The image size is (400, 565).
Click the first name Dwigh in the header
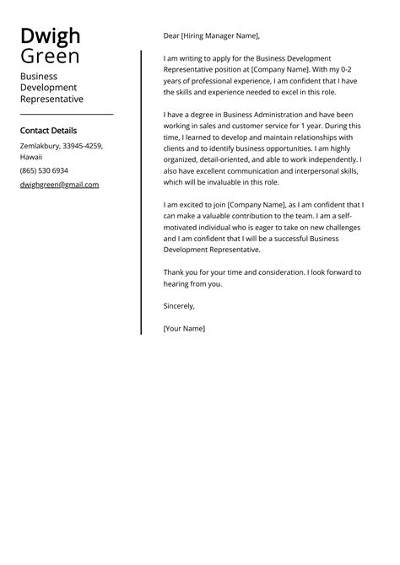51,36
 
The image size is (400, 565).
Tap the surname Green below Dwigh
50,56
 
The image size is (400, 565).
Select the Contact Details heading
48,131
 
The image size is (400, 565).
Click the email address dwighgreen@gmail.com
59,185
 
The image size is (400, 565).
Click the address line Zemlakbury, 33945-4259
61,146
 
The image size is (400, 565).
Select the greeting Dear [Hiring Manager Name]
212,36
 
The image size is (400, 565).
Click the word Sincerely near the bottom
179,306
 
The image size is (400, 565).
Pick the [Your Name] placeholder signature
184,328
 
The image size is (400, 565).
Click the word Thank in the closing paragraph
175,272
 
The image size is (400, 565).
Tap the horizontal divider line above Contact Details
66,114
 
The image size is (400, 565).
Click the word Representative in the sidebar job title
51,99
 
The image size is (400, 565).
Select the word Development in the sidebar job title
48,87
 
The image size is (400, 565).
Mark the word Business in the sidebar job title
39,76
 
